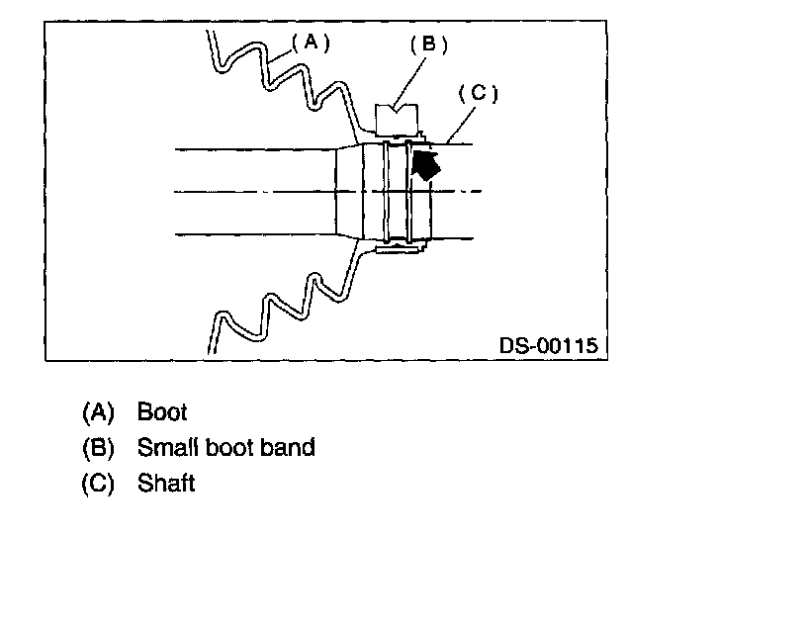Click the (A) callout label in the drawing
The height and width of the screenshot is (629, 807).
(310, 43)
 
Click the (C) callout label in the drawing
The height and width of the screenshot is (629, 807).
(478, 94)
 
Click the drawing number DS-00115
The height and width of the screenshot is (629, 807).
(549, 346)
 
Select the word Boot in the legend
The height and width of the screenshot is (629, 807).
(162, 411)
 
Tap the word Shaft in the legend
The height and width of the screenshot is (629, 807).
(166, 484)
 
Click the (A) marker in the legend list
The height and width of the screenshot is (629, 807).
(99, 411)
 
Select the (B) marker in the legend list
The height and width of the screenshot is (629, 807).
(99, 447)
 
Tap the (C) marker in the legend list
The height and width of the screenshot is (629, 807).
(99, 484)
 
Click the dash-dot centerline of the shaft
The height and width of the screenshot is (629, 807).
(247, 191)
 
